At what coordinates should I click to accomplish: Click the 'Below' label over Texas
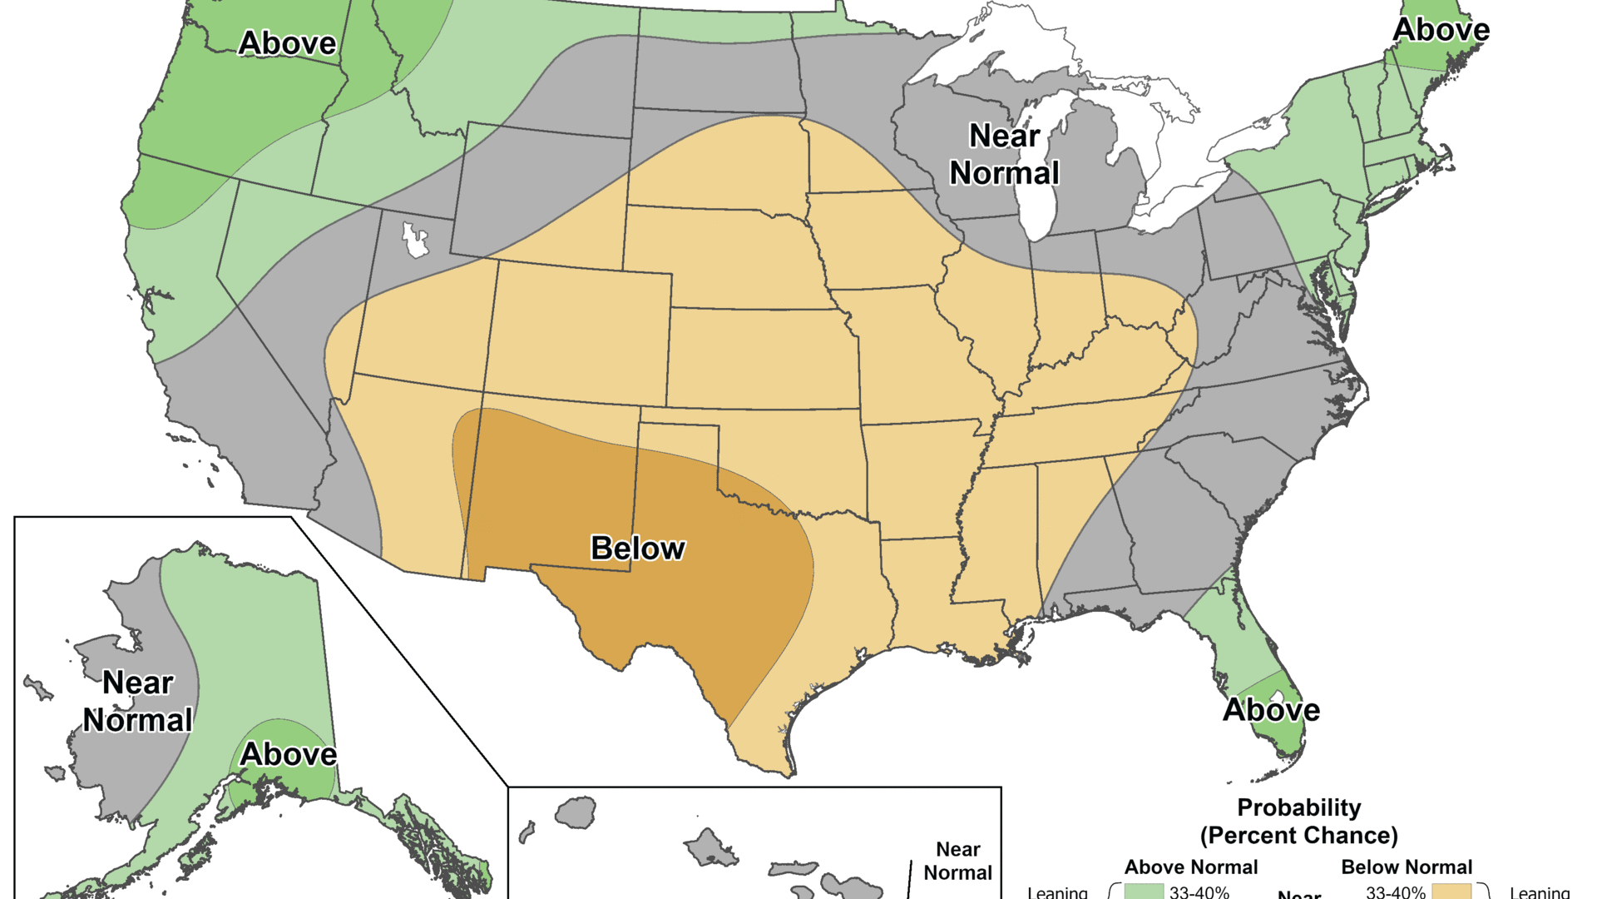point(637,549)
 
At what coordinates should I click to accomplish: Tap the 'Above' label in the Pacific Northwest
point(287,43)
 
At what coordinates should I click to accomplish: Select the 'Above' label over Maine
point(1441,30)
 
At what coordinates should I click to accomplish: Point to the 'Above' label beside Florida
point(1271,710)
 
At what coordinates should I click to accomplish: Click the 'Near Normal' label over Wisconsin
point(1005,155)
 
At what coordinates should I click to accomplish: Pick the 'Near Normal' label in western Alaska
point(138,702)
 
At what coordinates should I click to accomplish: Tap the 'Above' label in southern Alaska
point(288,754)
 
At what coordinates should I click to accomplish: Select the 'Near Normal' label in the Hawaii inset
point(958,861)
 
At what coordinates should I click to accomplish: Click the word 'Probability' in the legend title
point(1298,807)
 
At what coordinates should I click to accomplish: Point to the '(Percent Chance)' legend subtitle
point(1298,835)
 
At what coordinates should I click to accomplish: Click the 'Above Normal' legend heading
point(1190,867)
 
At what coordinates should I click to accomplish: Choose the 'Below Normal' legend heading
point(1407,867)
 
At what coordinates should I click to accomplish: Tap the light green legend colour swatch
point(1144,892)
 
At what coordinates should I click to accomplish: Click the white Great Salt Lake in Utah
point(414,241)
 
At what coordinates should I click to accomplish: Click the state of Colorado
point(578,333)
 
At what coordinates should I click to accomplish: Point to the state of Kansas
point(761,358)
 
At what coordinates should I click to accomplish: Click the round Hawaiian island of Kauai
point(576,812)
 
